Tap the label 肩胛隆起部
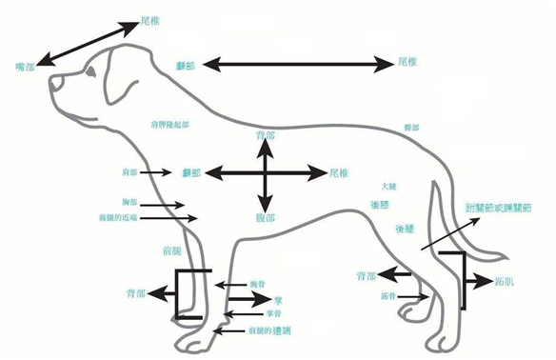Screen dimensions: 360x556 pos(169,125)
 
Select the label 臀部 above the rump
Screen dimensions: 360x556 pos(412,128)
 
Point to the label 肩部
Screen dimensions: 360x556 pos(130,173)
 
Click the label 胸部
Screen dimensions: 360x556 pos(129,203)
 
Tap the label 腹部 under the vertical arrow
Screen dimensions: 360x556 pos(266,218)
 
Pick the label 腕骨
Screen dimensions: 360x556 pos(257,284)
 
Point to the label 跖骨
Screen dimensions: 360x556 pos(387,297)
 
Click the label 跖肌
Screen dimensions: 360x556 pos(506,282)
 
